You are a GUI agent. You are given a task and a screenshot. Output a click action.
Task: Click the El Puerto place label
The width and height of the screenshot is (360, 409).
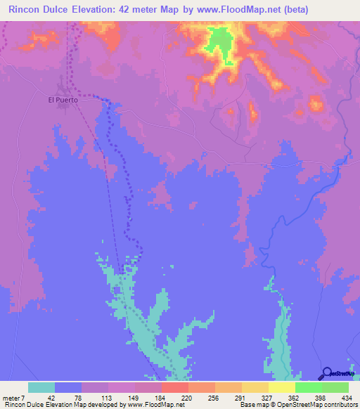point(63,100)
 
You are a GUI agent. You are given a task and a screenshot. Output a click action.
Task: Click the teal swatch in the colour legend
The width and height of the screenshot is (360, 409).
point(41,388)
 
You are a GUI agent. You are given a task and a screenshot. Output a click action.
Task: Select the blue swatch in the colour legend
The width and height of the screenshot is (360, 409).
point(68,388)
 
